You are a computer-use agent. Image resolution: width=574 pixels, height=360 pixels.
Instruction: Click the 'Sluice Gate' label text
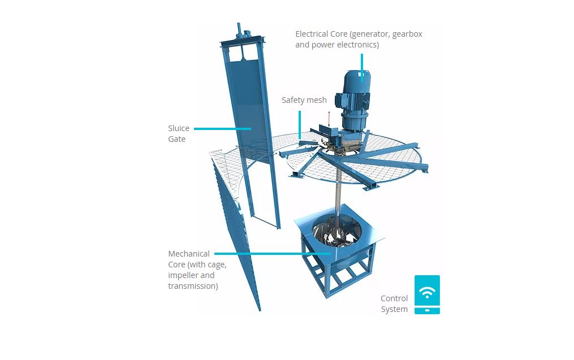pyautogui.click(x=179, y=133)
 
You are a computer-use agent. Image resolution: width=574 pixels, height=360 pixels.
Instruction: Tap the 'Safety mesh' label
pyautogui.click(x=304, y=100)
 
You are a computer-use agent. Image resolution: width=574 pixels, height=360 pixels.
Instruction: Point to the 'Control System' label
pyautogui.click(x=394, y=303)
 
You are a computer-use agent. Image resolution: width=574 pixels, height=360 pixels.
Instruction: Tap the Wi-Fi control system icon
pyautogui.click(x=427, y=294)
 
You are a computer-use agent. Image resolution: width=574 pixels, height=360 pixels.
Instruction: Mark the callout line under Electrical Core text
pyautogui.click(x=362, y=66)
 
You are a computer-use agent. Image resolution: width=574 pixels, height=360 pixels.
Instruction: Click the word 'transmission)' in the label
pyautogui.click(x=193, y=286)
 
